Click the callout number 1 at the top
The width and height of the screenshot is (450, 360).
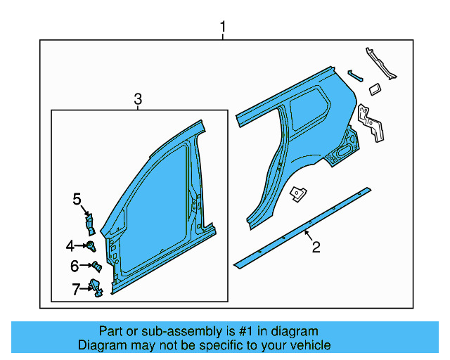(x=223, y=27)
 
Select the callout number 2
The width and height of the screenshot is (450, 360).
(x=316, y=247)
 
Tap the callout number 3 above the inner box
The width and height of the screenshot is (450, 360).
(x=138, y=100)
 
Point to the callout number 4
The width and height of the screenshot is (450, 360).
(x=70, y=245)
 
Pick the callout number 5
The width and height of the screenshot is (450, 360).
(x=77, y=200)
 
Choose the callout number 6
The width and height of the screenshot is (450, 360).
(x=74, y=266)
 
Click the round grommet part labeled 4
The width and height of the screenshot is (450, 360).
(x=91, y=245)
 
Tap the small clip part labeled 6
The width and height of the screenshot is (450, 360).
(x=96, y=266)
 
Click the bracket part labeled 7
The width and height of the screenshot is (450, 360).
(x=96, y=287)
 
